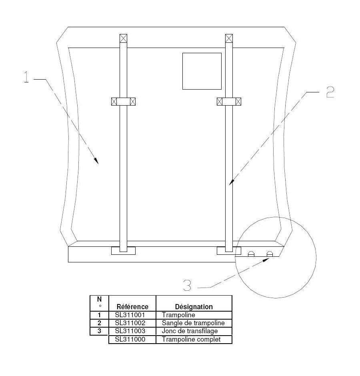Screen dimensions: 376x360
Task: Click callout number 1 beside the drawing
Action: (26, 77)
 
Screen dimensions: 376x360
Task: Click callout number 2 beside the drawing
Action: (329, 92)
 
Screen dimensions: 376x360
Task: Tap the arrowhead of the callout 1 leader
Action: (96, 161)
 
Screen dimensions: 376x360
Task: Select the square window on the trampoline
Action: (202, 71)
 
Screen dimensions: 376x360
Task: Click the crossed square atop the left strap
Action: (123, 38)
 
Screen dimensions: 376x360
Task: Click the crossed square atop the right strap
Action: (229, 38)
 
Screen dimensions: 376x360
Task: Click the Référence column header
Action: (132, 307)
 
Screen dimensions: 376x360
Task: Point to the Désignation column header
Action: (193, 307)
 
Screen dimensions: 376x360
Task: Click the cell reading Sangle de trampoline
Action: (193, 323)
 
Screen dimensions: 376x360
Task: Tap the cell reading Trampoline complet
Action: (191, 339)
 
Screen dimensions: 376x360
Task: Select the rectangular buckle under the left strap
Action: (123, 251)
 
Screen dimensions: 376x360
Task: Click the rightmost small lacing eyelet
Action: (270, 254)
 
